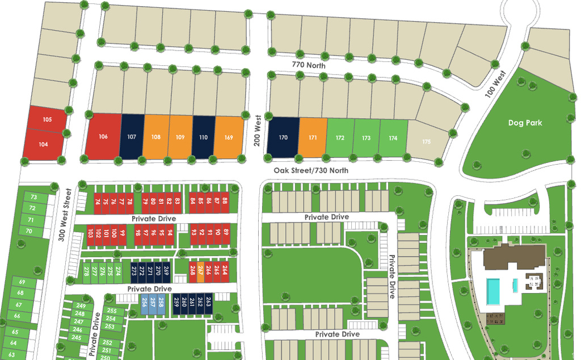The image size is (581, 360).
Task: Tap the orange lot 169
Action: coord(229,136)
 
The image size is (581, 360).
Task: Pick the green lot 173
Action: coord(367,137)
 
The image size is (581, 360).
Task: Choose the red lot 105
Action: coord(47,119)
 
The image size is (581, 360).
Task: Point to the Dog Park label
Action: coord(525,123)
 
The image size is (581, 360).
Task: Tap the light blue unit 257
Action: coord(153,305)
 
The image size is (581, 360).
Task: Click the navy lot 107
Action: coord(132,136)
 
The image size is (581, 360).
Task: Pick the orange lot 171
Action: coord(313,137)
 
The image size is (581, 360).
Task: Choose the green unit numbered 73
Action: coord(33,197)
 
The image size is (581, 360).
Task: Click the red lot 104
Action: coord(43,144)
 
